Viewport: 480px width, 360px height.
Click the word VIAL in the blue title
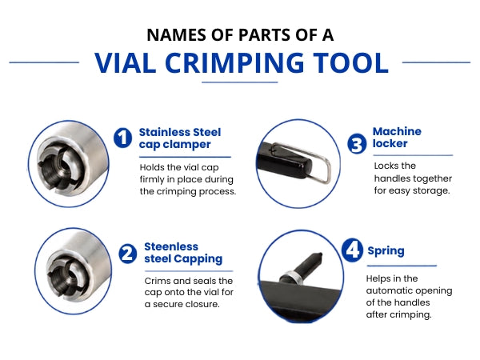(126, 62)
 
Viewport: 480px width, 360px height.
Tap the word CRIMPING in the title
(234, 62)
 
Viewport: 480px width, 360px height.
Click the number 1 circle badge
(122, 138)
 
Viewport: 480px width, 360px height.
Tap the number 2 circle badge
(128, 254)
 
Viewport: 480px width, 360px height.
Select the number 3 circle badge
(357, 143)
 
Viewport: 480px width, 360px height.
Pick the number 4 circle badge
(352, 250)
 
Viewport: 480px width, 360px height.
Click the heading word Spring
(386, 251)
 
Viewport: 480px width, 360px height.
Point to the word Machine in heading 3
(397, 131)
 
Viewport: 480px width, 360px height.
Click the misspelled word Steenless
(171, 246)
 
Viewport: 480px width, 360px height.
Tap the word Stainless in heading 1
(164, 132)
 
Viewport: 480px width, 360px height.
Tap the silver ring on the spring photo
(292, 276)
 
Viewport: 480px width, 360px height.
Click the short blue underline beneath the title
(240, 82)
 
